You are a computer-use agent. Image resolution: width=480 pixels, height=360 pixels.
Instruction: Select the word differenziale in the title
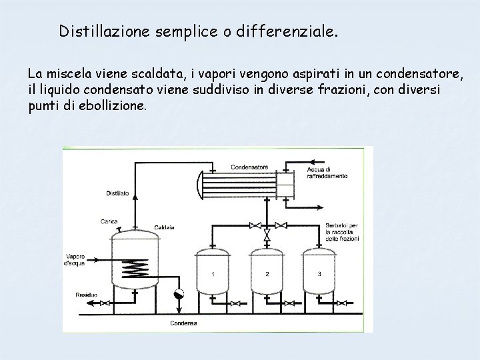click(x=293, y=31)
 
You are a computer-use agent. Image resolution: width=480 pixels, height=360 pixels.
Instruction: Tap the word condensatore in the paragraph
click(x=407, y=71)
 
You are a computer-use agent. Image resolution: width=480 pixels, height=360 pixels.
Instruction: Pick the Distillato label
click(x=117, y=194)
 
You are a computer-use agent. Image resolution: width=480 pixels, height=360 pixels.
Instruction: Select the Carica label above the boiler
click(x=110, y=221)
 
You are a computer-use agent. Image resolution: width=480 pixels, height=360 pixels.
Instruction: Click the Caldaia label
click(x=164, y=227)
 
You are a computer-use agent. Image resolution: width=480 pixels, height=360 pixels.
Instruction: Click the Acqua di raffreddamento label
click(x=327, y=173)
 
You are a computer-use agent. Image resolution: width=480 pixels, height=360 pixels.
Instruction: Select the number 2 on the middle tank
click(x=267, y=274)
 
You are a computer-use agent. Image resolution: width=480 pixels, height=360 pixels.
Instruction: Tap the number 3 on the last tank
click(x=319, y=274)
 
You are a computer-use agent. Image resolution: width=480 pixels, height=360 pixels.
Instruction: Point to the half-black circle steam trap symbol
click(x=178, y=294)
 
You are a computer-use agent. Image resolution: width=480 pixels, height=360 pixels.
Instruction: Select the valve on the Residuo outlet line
click(x=105, y=303)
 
